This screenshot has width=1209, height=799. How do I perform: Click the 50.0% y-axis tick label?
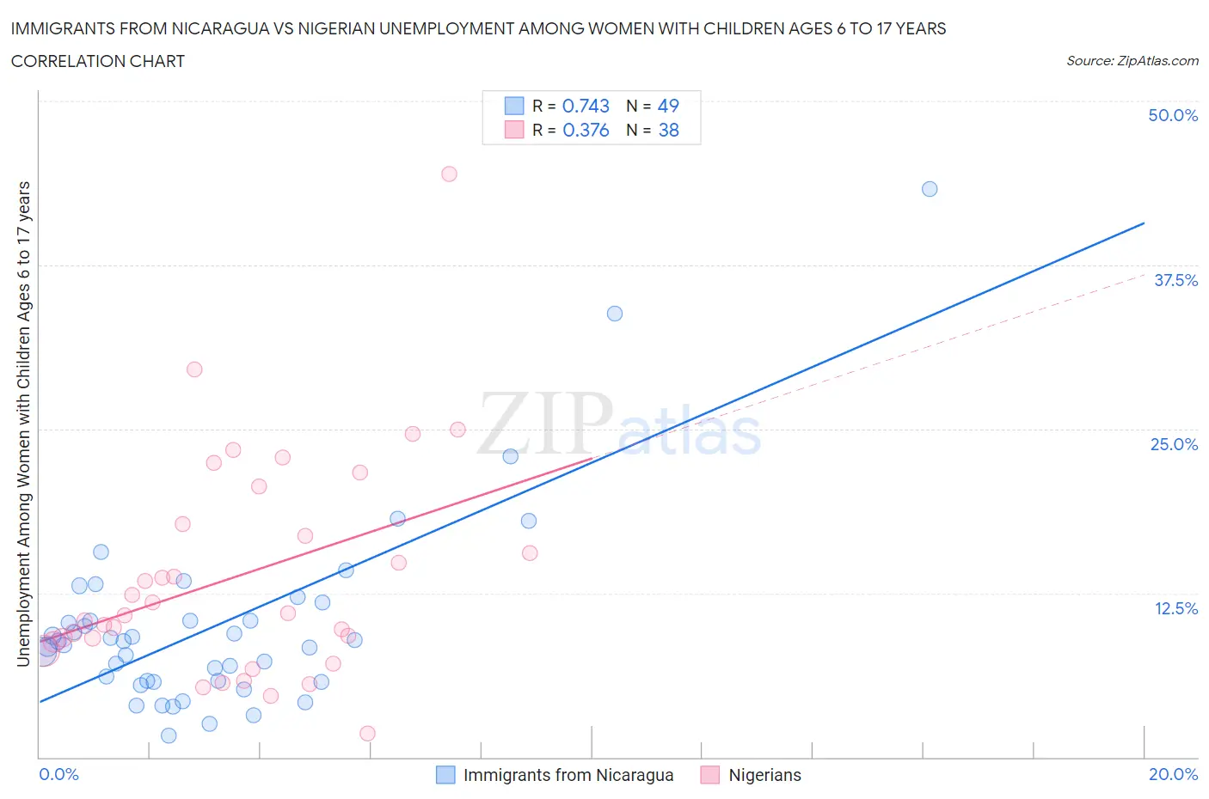coord(1173,115)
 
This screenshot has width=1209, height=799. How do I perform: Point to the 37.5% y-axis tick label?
coord(1175,280)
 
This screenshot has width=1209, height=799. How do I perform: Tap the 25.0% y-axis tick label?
coord(1174,444)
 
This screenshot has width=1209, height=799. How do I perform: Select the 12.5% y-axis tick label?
coord(1175,608)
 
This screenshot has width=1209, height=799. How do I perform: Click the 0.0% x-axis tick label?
coord(58,774)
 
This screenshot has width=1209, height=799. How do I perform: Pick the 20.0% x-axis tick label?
coord(1173,774)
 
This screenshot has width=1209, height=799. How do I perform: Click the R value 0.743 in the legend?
coord(586,106)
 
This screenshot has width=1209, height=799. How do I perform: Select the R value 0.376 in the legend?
coord(586,130)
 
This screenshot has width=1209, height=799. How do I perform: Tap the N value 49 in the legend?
coord(668,106)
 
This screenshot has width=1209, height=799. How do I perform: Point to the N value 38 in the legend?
coord(668,130)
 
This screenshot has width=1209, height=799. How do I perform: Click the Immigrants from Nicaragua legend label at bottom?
coord(568,775)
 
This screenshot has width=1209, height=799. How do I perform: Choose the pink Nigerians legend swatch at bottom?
coord(709,775)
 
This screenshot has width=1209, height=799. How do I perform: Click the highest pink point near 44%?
coord(449,174)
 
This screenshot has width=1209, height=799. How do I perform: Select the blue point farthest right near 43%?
coord(930,189)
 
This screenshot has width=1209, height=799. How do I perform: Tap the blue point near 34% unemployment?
coord(615,314)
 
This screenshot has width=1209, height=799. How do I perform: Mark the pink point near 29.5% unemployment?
coord(194,369)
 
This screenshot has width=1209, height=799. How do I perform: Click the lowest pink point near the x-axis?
coord(367,734)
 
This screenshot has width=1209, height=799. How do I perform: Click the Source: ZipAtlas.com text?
coord(1132,61)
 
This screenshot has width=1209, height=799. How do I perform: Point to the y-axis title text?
coord(23,424)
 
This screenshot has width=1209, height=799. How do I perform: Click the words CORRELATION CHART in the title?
coord(98,61)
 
